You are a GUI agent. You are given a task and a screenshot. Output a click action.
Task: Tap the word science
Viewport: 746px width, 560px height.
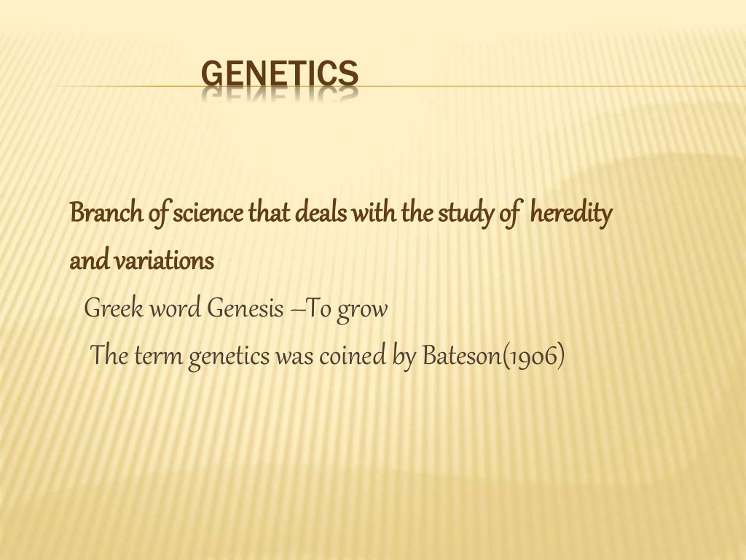point(208,214)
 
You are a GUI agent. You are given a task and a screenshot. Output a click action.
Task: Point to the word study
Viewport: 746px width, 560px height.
point(466,214)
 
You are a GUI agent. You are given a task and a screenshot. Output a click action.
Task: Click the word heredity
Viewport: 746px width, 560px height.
point(570,214)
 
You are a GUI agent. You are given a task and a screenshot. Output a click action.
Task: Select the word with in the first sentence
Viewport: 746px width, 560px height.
point(376,214)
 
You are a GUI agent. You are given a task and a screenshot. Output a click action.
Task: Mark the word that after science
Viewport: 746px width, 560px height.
point(270,214)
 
